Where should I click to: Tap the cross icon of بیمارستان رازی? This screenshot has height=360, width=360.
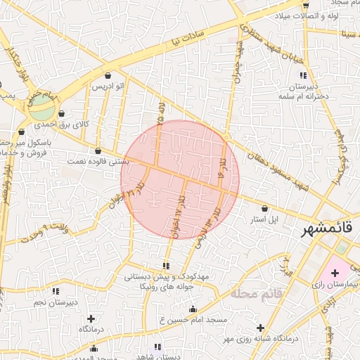tap(334, 271)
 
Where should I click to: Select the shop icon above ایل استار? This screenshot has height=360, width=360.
tap(264, 209)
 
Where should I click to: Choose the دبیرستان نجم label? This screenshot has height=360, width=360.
tap(54, 302)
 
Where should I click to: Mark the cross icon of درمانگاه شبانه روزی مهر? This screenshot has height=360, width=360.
tap(261, 328)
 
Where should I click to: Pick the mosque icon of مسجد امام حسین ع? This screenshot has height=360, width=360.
tap(193, 309)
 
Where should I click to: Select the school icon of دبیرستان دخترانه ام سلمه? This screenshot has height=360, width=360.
tap(303, 75)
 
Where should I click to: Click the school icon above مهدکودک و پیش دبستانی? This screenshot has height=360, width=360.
tap(166, 266)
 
